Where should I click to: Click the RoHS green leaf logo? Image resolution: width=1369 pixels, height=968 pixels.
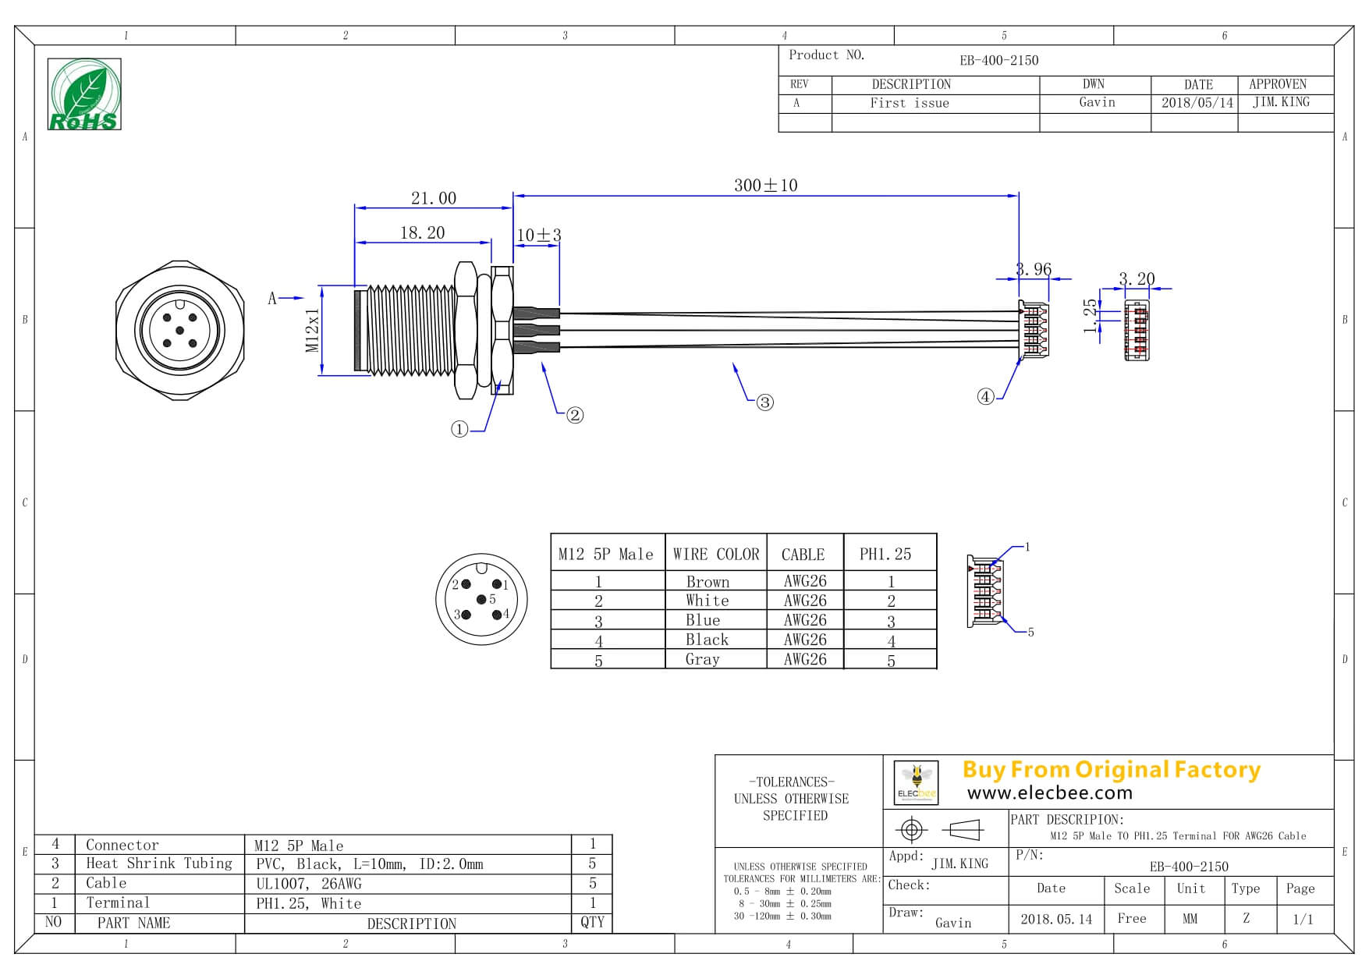pyautogui.click(x=84, y=94)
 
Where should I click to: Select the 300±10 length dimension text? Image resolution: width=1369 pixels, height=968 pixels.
pyautogui.click(x=765, y=186)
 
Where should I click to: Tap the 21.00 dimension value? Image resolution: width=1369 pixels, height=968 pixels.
pyautogui.click(x=433, y=198)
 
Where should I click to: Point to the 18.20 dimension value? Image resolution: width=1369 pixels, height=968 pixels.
pyautogui.click(x=422, y=232)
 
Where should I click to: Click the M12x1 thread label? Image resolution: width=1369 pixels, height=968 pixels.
pyautogui.click(x=313, y=330)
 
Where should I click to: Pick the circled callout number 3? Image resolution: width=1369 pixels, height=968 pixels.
pyautogui.click(x=765, y=402)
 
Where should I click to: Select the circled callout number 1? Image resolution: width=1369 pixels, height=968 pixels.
pyautogui.click(x=459, y=429)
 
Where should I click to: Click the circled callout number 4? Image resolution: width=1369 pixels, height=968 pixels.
pyautogui.click(x=986, y=397)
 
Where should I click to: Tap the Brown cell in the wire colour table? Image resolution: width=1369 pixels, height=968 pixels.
pyautogui.click(x=708, y=582)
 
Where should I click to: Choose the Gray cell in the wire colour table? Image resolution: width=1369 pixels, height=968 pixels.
pyautogui.click(x=702, y=659)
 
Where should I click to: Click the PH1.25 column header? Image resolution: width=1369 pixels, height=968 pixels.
pyautogui.click(x=885, y=554)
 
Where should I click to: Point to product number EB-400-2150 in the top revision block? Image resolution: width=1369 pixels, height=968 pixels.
pyautogui.click(x=998, y=60)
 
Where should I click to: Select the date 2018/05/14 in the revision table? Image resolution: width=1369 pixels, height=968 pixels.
pyautogui.click(x=1197, y=103)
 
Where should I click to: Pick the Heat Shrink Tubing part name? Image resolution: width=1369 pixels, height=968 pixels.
pyautogui.click(x=158, y=863)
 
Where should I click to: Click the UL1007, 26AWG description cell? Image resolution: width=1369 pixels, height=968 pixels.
pyautogui.click(x=309, y=884)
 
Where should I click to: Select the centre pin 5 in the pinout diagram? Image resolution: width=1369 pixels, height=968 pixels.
pyautogui.click(x=481, y=599)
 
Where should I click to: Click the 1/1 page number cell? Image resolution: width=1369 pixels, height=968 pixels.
pyautogui.click(x=1303, y=919)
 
